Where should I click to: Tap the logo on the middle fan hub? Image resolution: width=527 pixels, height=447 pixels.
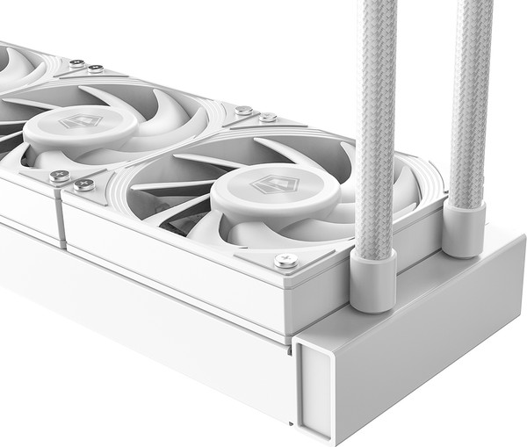click(x=80, y=123)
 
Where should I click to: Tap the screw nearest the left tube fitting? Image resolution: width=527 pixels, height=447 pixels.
click(x=285, y=260)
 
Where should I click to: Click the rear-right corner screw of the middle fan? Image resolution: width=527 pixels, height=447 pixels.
click(x=243, y=112)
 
